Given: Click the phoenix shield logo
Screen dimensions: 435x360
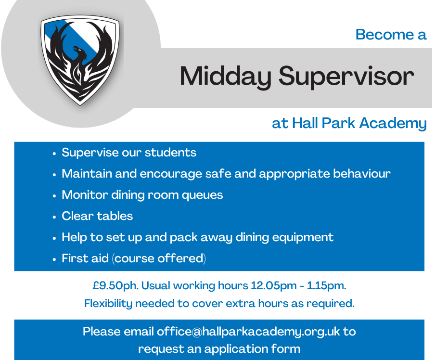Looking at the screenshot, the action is [80, 60].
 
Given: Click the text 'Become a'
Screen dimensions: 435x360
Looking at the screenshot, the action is [391, 35].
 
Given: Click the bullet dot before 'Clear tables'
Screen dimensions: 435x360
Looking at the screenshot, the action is [54, 217].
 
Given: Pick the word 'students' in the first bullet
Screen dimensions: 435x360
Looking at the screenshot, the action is [170, 153].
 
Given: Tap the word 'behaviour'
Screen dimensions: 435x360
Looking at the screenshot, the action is [362, 173].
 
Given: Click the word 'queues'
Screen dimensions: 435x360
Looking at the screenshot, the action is [202, 195].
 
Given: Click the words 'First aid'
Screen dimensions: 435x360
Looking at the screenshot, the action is [85, 258].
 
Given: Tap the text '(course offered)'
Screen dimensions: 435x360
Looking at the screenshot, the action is [159, 258].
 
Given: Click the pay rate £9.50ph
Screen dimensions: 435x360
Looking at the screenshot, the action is [115, 285].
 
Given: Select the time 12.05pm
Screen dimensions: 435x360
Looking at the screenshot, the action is [274, 285].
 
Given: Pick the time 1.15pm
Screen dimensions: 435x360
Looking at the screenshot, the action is [327, 285].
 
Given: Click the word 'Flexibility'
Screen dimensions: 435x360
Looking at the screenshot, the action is [108, 304].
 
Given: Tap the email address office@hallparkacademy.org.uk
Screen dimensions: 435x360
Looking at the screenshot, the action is [248, 332].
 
